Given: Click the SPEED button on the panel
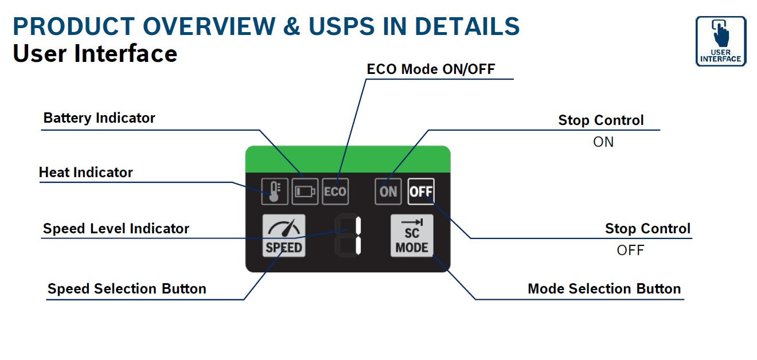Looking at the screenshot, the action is [284, 236].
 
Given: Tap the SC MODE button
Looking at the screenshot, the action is [412, 236].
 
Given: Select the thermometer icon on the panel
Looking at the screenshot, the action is [275, 191].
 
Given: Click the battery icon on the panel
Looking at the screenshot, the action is [305, 191].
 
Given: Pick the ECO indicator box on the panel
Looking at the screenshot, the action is [335, 191].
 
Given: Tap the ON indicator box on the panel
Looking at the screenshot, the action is [388, 191].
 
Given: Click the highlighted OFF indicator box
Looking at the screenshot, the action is [421, 191].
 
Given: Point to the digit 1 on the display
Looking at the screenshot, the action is [358, 236].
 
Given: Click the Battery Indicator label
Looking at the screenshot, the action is [99, 118].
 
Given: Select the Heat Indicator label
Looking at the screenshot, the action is [86, 172].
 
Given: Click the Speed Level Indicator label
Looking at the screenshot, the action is [116, 228].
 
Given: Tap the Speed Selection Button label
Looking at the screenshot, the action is [127, 289].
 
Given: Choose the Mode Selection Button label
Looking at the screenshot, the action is [604, 289].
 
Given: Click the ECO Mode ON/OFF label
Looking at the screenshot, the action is [431, 69].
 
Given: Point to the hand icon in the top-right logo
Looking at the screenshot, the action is [721, 34].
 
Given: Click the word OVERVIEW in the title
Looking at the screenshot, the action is [209, 26].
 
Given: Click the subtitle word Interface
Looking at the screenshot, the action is [126, 53].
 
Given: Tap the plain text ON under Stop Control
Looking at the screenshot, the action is [603, 142].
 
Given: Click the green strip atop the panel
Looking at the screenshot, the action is [348, 159].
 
